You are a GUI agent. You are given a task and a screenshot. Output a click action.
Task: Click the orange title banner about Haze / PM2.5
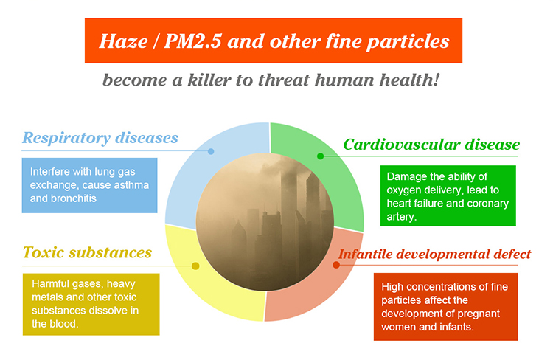click(274, 41)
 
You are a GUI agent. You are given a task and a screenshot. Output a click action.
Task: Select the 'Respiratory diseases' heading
click(100, 138)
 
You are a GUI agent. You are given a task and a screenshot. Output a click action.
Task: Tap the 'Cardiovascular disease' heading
click(431, 145)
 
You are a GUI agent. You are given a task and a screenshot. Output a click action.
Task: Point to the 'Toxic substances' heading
click(87, 252)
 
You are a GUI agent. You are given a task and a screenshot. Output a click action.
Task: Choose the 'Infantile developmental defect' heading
click(434, 254)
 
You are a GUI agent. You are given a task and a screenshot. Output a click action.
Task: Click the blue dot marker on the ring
click(211, 151)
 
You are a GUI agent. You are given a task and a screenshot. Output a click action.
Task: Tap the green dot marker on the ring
click(320, 156)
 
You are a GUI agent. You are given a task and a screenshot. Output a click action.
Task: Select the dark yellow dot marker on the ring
click(195, 266)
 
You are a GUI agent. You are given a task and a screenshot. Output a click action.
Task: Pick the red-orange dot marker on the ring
click(336, 265)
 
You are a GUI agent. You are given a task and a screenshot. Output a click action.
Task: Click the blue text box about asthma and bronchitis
click(89, 185)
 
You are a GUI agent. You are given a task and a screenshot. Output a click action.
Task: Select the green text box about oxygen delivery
click(448, 195)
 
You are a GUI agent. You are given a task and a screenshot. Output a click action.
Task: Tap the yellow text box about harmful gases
click(91, 304)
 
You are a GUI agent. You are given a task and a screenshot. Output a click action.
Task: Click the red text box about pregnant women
click(445, 307)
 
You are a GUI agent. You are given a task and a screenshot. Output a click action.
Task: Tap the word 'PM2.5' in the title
click(193, 41)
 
